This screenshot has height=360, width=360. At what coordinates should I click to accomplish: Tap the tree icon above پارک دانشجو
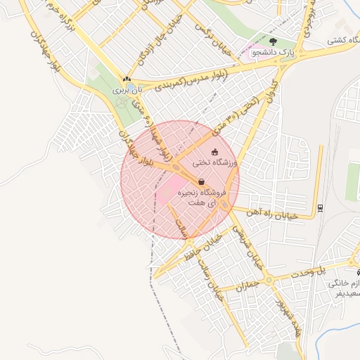coord(273,41)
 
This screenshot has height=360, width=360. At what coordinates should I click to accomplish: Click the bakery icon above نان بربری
coord(127,79)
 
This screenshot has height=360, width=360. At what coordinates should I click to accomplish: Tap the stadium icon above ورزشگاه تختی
coord(214,151)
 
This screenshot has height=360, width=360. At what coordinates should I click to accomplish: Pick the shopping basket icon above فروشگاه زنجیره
coord(202,182)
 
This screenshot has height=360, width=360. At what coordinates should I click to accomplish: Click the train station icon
coord(321,207)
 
